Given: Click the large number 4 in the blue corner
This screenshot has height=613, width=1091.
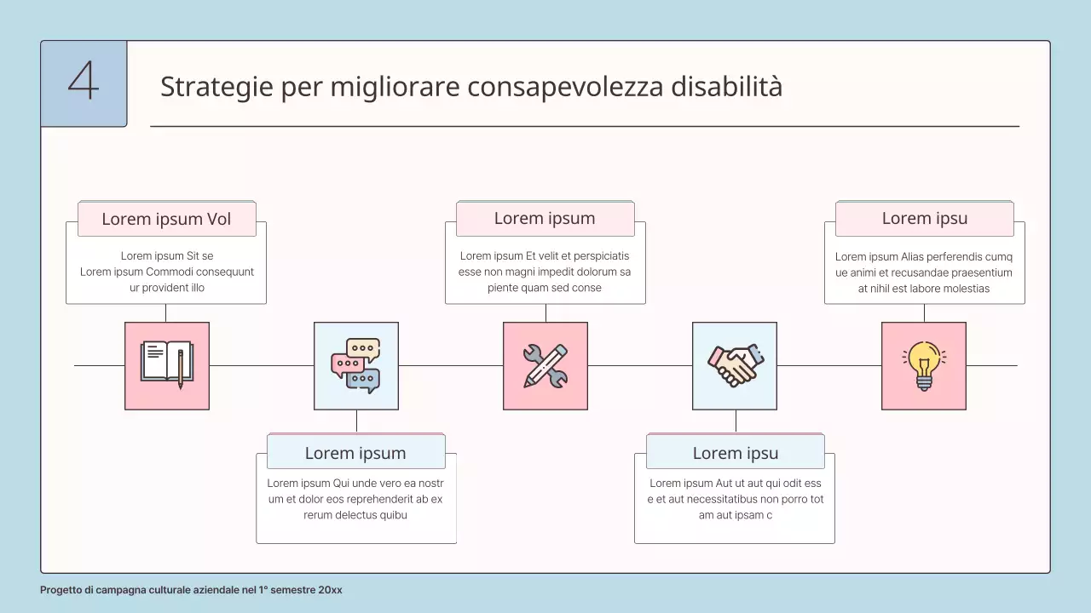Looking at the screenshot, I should point(84,83).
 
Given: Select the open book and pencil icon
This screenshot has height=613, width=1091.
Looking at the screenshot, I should point(167,365).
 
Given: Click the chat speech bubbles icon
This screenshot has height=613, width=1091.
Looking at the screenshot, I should point(356,365).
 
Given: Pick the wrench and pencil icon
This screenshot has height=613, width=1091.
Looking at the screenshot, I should point(545,365).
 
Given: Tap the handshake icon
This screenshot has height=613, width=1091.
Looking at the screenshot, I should point(735,365).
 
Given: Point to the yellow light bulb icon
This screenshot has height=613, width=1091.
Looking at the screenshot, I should point(924,365).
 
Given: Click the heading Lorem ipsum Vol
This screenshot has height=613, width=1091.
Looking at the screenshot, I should point(166,219).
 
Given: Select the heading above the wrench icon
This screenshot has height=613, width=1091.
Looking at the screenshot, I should point(545,218).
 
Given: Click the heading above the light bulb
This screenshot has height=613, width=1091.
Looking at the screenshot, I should point(924,218).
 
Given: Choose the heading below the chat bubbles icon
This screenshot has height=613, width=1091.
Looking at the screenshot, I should point(355,453).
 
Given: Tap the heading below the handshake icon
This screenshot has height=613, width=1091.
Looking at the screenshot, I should point(735,453).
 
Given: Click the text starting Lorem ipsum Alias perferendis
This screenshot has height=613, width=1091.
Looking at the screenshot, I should point(924,272).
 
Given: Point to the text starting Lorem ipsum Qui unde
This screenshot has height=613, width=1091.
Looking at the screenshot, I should point(355,499).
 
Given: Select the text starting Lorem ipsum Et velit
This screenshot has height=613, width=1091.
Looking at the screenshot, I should point(545,272).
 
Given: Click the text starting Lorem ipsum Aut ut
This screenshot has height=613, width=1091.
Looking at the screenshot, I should point(735,499).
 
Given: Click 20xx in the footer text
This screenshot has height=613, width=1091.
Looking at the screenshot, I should point(330,590).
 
